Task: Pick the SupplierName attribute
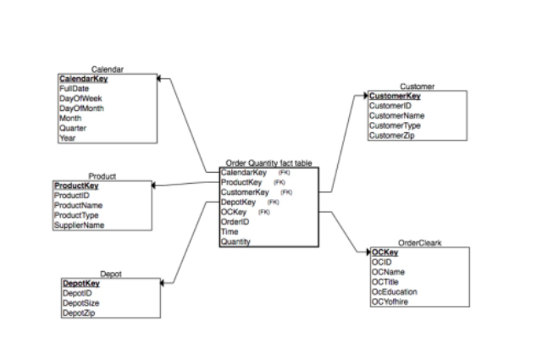coord(79,225)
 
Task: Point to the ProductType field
coord(77,215)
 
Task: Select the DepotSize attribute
coord(82,302)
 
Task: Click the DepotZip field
coord(80,313)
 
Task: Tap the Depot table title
coord(111,274)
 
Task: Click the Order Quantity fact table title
coord(268,163)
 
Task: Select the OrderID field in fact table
coord(234,222)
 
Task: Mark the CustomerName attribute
coord(397,116)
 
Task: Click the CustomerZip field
coord(392,136)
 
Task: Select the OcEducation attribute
coord(394,291)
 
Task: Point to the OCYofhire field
coord(390,301)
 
